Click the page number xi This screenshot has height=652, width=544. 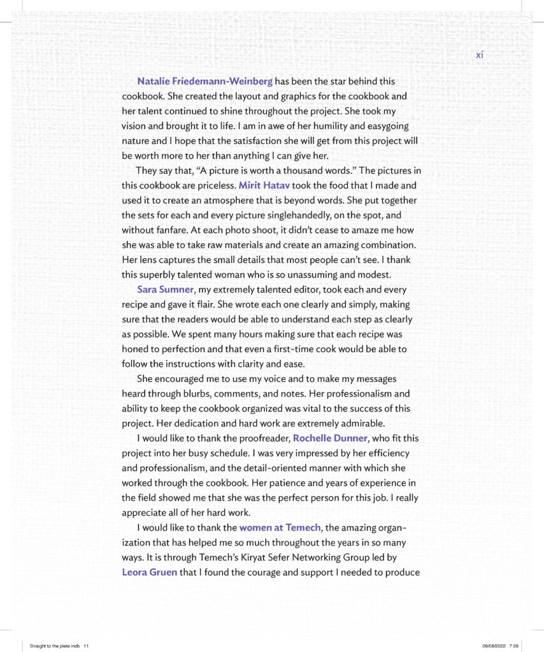(480, 55)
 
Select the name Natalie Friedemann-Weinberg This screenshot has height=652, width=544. (204, 81)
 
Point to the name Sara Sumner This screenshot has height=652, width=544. (165, 290)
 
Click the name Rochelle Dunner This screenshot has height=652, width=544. (329, 438)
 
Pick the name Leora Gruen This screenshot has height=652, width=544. (149, 572)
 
